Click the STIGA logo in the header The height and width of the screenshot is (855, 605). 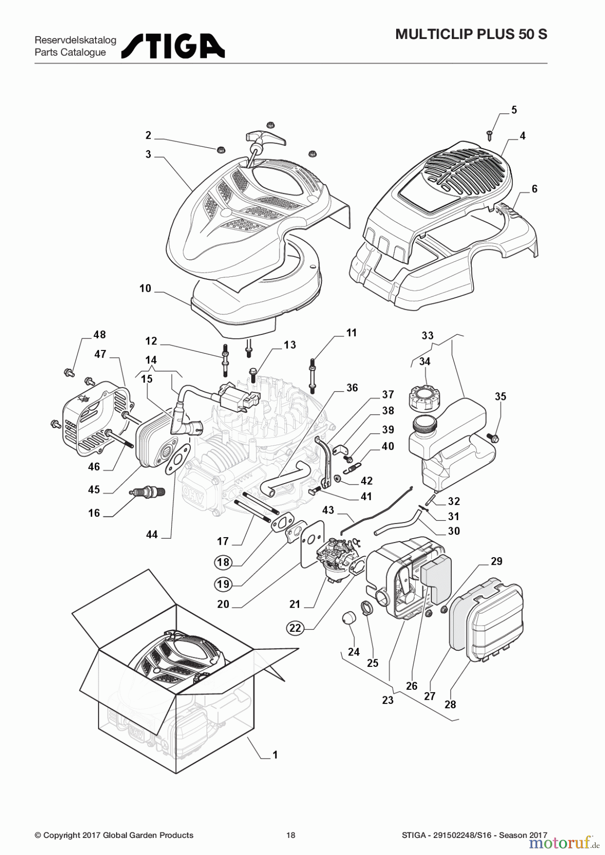pyautogui.click(x=173, y=46)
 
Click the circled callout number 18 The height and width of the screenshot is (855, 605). pyautogui.click(x=223, y=562)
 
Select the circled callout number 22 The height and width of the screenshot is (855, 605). pyautogui.click(x=295, y=628)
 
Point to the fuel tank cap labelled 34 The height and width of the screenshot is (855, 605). pyautogui.click(x=422, y=395)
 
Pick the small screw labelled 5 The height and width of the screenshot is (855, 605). pyautogui.click(x=490, y=135)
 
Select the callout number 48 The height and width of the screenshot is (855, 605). pyautogui.click(x=99, y=334)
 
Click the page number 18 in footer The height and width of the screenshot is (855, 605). pyautogui.click(x=291, y=835)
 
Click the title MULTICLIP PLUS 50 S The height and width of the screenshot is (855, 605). pyautogui.click(x=471, y=34)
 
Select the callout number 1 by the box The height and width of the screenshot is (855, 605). pyautogui.click(x=275, y=755)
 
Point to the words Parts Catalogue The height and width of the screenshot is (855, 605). pyautogui.click(x=70, y=52)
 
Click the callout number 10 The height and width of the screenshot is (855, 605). pyautogui.click(x=145, y=288)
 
